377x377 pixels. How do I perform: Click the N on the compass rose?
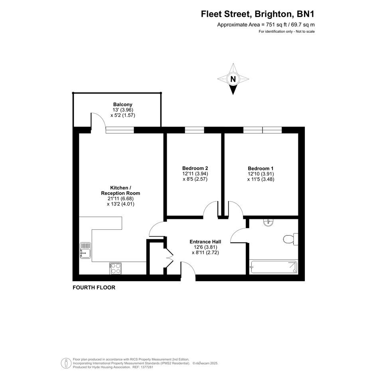click(233, 79)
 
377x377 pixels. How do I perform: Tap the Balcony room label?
click(122, 105)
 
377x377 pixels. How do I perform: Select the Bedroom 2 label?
click(195, 168)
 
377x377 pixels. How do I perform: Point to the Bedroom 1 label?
click(261, 168)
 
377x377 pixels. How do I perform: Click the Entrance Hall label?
click(205, 242)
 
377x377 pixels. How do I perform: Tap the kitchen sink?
click(85, 250)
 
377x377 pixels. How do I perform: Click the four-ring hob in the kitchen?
click(115, 268)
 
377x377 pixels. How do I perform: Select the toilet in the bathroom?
click(290, 239)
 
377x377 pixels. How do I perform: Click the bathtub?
click(274, 267)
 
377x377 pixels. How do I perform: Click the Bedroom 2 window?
click(194, 130)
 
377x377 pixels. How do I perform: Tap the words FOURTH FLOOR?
click(94, 288)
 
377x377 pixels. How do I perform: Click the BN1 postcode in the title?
click(306, 14)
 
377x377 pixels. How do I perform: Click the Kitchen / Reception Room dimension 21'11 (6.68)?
click(120, 199)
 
